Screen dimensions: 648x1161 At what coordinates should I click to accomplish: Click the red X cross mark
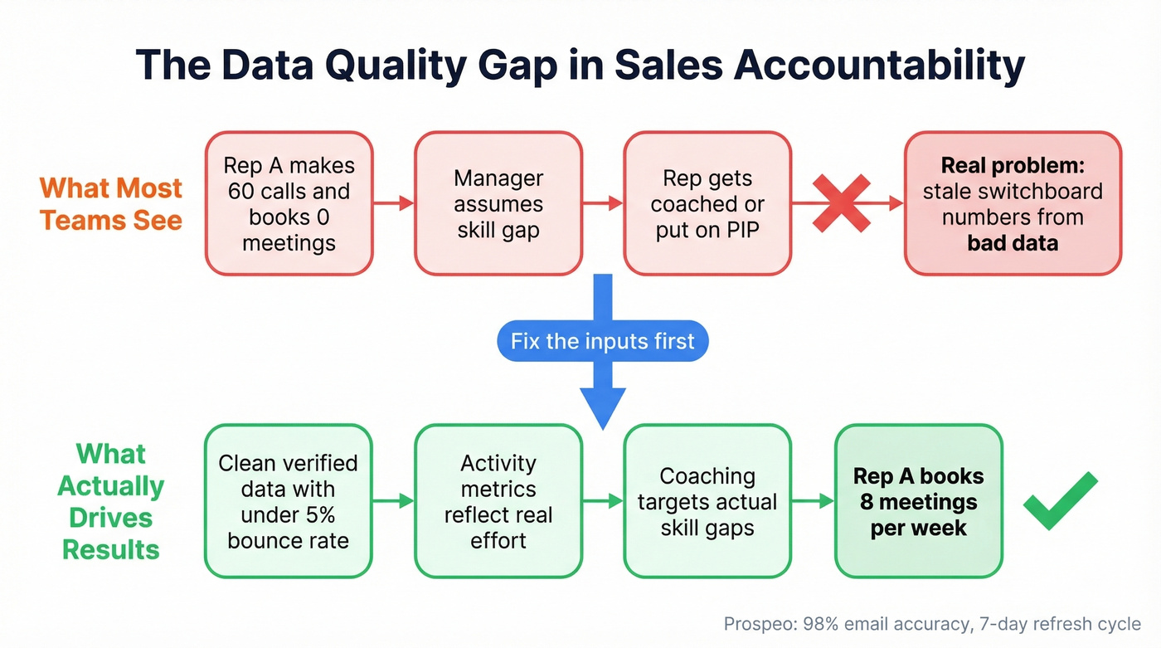pyautogui.click(x=840, y=202)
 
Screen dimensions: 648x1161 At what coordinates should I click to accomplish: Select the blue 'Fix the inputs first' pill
pyautogui.click(x=602, y=341)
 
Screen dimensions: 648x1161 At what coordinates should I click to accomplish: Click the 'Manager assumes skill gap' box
pyautogui.click(x=498, y=203)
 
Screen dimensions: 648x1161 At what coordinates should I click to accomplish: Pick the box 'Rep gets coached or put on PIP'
pyautogui.click(x=707, y=203)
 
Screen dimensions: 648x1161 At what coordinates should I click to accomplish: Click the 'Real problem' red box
pyautogui.click(x=1013, y=203)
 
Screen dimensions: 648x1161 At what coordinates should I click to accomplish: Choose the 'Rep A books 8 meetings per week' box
pyautogui.click(x=918, y=501)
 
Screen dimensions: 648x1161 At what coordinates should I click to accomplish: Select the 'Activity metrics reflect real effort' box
pyautogui.click(x=498, y=501)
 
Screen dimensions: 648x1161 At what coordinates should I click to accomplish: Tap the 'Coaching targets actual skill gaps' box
pyautogui.click(x=707, y=501)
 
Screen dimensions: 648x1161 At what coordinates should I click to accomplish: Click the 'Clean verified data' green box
pyautogui.click(x=288, y=501)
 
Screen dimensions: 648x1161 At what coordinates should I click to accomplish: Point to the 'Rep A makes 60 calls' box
pyautogui.click(x=289, y=203)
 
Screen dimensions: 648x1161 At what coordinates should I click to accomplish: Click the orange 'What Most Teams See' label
pyautogui.click(x=111, y=203)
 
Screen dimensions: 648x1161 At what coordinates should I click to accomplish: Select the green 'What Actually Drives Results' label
pyautogui.click(x=111, y=501)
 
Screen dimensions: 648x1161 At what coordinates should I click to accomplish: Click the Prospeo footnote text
pyautogui.click(x=932, y=624)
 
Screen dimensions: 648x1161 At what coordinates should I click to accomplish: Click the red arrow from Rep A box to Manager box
pyautogui.click(x=394, y=203)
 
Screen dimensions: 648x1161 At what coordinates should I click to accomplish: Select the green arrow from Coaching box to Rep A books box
pyautogui.click(x=813, y=500)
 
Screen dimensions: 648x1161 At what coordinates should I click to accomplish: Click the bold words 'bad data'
pyautogui.click(x=1013, y=243)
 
